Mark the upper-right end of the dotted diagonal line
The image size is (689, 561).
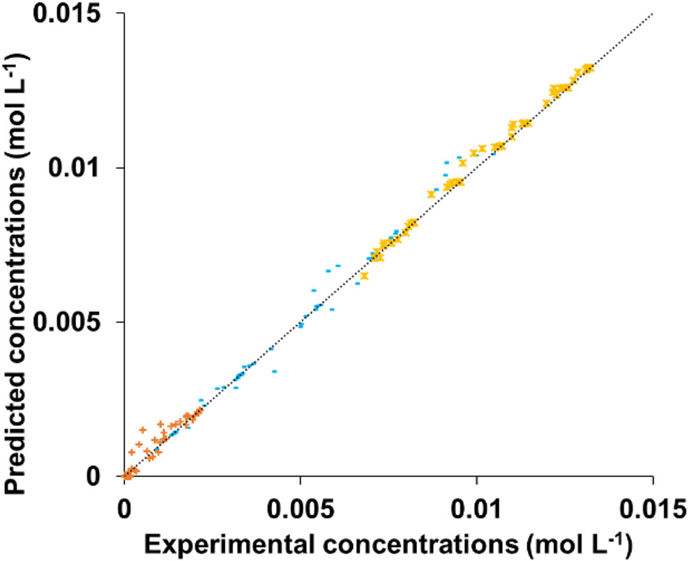651,14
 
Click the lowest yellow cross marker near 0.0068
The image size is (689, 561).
364,276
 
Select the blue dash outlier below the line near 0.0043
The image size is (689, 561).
275,371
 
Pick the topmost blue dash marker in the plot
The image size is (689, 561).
459,157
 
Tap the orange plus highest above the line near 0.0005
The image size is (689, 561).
143,430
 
